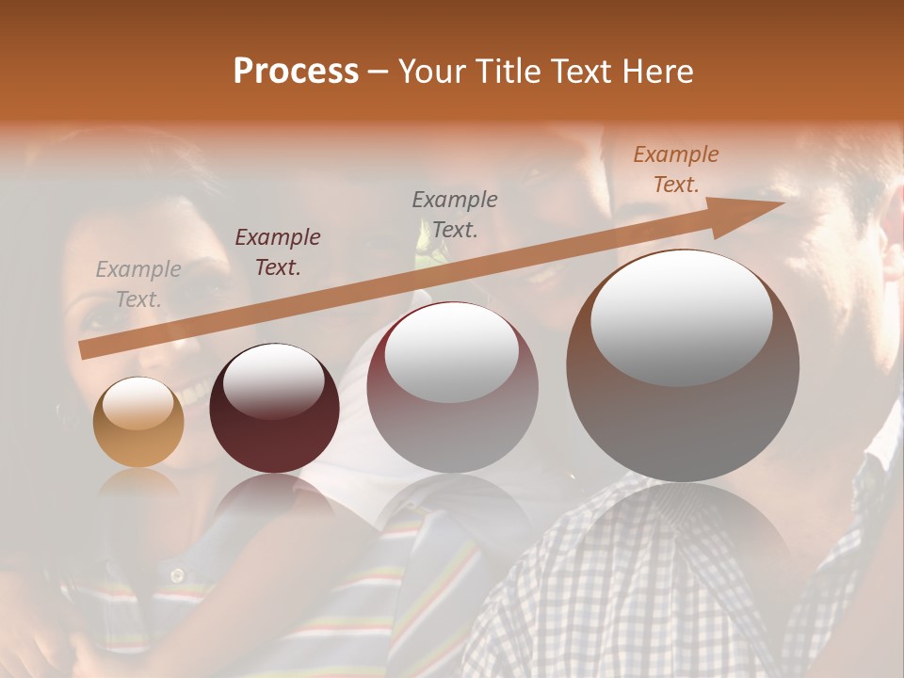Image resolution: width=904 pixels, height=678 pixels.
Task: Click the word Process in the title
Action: (296, 72)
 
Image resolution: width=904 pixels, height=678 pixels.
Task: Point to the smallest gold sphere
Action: (138, 423)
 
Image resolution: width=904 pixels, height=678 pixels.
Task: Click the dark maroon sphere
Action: (274, 409)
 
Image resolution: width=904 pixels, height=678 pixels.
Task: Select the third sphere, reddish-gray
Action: (452, 387)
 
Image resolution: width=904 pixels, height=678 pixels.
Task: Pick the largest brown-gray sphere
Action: (683, 366)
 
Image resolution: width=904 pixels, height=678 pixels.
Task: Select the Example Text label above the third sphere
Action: (455, 214)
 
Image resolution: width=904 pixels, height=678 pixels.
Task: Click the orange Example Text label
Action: (676, 169)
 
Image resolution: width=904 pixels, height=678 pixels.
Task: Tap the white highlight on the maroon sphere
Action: (273, 382)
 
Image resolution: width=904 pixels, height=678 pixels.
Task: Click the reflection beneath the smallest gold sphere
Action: (138, 485)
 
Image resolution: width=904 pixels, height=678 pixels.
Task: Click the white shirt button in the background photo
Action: (176, 573)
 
